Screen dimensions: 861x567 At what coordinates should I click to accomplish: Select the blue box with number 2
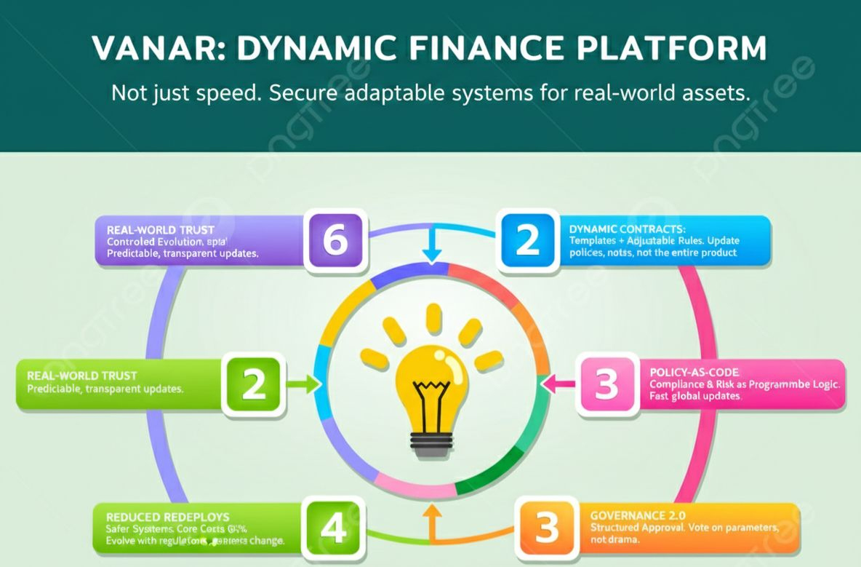[527, 240]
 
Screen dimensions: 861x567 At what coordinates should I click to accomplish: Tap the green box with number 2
[254, 385]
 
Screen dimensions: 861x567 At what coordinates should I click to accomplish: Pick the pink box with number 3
[606, 385]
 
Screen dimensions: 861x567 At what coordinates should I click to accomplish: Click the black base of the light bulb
[432, 443]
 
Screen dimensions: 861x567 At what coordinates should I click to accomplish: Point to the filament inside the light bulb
[432, 397]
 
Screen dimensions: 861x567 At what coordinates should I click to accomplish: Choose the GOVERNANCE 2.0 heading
[638, 515]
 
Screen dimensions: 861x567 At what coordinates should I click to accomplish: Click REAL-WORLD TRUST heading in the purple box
[161, 229]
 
